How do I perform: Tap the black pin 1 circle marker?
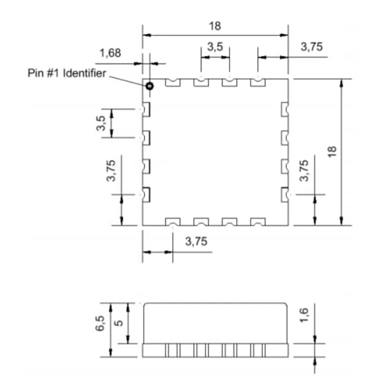[x=149, y=85]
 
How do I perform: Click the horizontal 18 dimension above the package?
[x=215, y=26]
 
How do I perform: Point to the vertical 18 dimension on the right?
[x=332, y=151]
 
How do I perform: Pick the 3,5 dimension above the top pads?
[x=215, y=47]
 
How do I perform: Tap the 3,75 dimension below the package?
[x=196, y=242]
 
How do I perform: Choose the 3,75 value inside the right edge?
[x=305, y=171]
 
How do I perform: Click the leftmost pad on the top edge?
[x=173, y=82]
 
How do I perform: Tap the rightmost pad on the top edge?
[x=257, y=82]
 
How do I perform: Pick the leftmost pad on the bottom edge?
[x=173, y=222]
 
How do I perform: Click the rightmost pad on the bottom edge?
[x=257, y=222]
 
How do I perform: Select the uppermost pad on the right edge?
[x=284, y=110]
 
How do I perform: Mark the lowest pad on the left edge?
[x=146, y=194]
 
